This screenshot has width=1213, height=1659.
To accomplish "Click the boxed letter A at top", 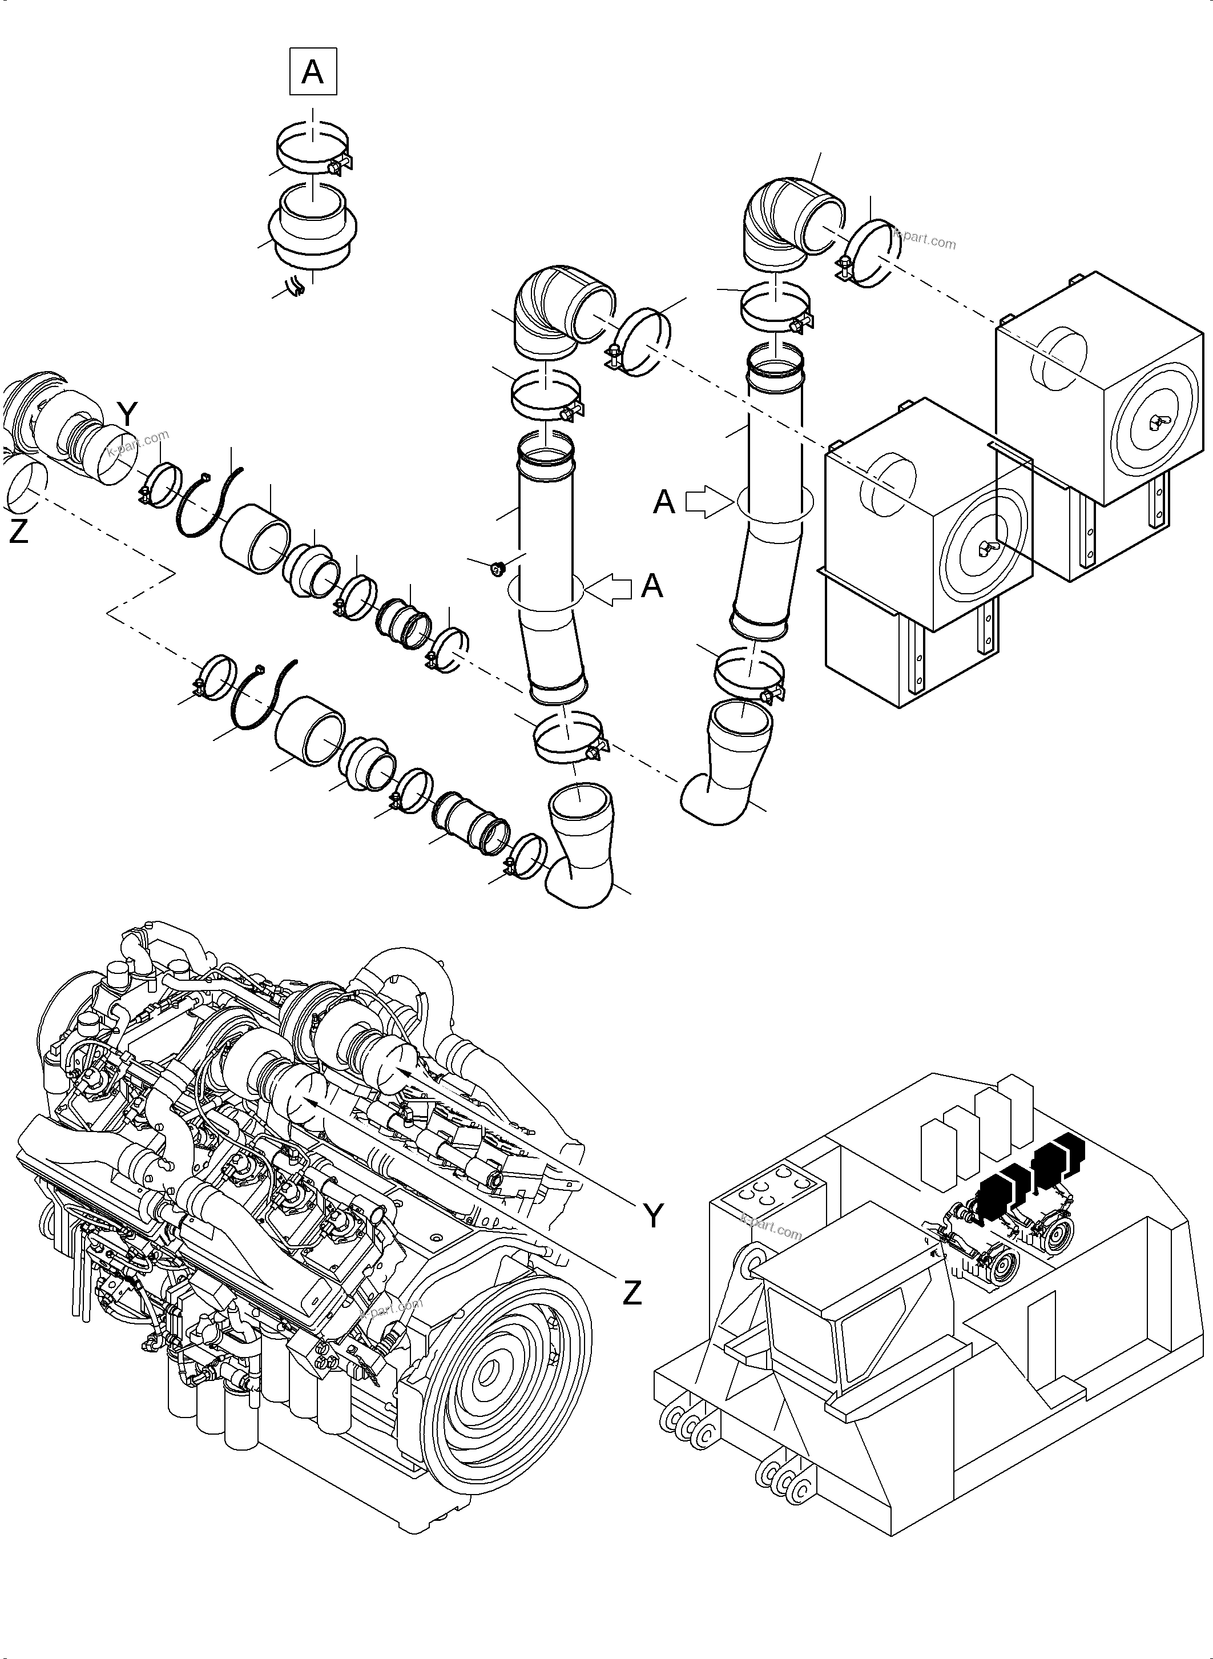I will (x=313, y=72).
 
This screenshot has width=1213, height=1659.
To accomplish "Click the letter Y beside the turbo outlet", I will (x=127, y=416).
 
